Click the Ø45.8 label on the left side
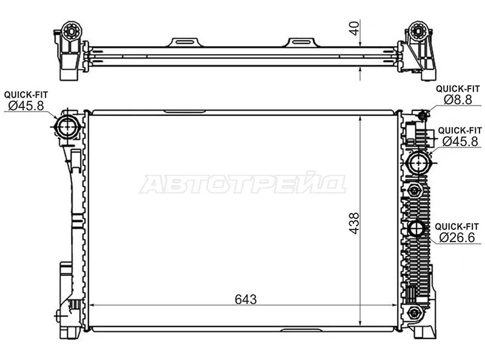point(25,106)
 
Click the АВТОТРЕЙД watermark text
point(242,184)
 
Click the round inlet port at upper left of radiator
point(66,126)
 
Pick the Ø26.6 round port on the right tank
point(416,229)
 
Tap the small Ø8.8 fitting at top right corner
point(423,113)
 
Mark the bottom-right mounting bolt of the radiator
point(415,312)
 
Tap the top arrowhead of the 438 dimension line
point(361,116)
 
